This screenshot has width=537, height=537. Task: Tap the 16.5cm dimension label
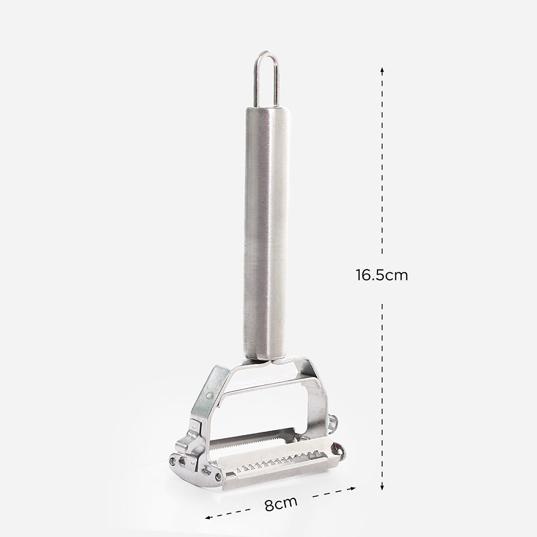pos(381,275)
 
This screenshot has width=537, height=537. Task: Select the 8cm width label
pos(281,504)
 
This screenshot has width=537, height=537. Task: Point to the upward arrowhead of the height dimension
pos(382,70)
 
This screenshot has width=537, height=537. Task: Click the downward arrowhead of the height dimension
pos(382,487)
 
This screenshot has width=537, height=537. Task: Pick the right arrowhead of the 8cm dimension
pos(352,488)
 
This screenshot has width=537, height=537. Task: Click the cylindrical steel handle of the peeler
pos(266,233)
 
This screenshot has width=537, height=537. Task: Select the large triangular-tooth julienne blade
pos(279,462)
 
